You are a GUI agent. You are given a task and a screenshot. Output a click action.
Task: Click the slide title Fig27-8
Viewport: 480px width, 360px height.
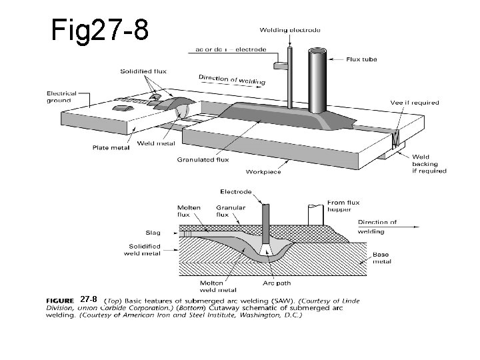click(99, 30)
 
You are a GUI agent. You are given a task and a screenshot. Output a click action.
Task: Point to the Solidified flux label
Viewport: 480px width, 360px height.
click(143, 71)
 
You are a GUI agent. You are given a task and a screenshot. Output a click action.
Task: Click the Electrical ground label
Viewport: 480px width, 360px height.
click(61, 97)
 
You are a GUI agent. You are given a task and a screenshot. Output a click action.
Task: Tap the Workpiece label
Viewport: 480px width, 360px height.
click(263, 172)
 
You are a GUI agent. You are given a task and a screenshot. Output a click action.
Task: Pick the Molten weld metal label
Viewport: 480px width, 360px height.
click(217, 286)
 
